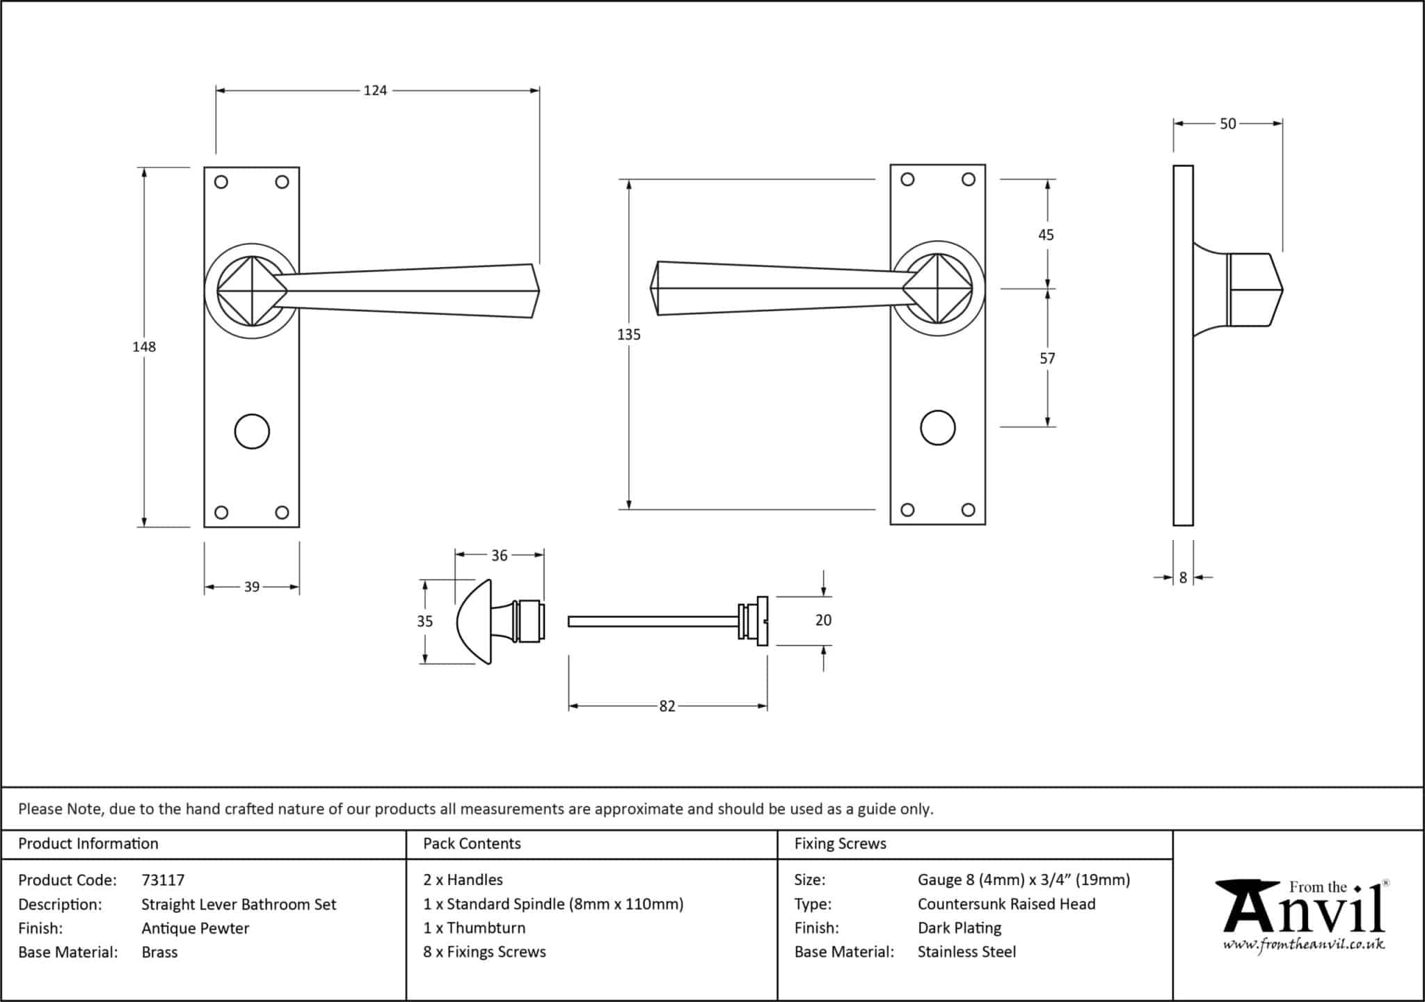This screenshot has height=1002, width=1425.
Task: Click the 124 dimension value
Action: (x=375, y=90)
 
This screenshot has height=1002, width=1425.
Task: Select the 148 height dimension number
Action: (x=144, y=347)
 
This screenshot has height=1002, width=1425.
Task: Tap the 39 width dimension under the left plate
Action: (x=251, y=587)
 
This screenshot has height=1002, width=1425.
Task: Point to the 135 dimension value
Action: (x=628, y=335)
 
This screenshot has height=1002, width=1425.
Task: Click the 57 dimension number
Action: (x=1047, y=358)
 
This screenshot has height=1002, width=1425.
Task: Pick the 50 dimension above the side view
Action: (x=1227, y=124)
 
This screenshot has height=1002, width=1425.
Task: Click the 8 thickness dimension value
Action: (x=1183, y=578)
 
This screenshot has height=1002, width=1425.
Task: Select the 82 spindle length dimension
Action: (x=667, y=706)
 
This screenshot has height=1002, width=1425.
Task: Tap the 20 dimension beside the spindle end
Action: (x=823, y=620)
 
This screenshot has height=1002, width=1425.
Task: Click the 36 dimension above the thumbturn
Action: (x=499, y=555)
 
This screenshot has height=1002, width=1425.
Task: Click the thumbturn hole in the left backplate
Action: (x=252, y=431)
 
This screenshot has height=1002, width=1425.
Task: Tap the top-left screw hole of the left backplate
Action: (x=221, y=182)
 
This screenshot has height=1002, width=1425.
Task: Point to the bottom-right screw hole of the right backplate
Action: (x=968, y=510)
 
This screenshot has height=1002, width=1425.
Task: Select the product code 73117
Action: (x=163, y=880)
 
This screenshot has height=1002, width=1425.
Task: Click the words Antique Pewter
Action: (x=195, y=928)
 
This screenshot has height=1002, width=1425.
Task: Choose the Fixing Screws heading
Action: (x=840, y=844)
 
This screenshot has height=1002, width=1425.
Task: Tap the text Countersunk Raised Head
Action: (x=1006, y=904)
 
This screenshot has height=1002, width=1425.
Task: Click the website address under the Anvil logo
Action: (x=1303, y=945)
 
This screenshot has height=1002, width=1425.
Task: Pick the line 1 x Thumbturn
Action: (x=474, y=928)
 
